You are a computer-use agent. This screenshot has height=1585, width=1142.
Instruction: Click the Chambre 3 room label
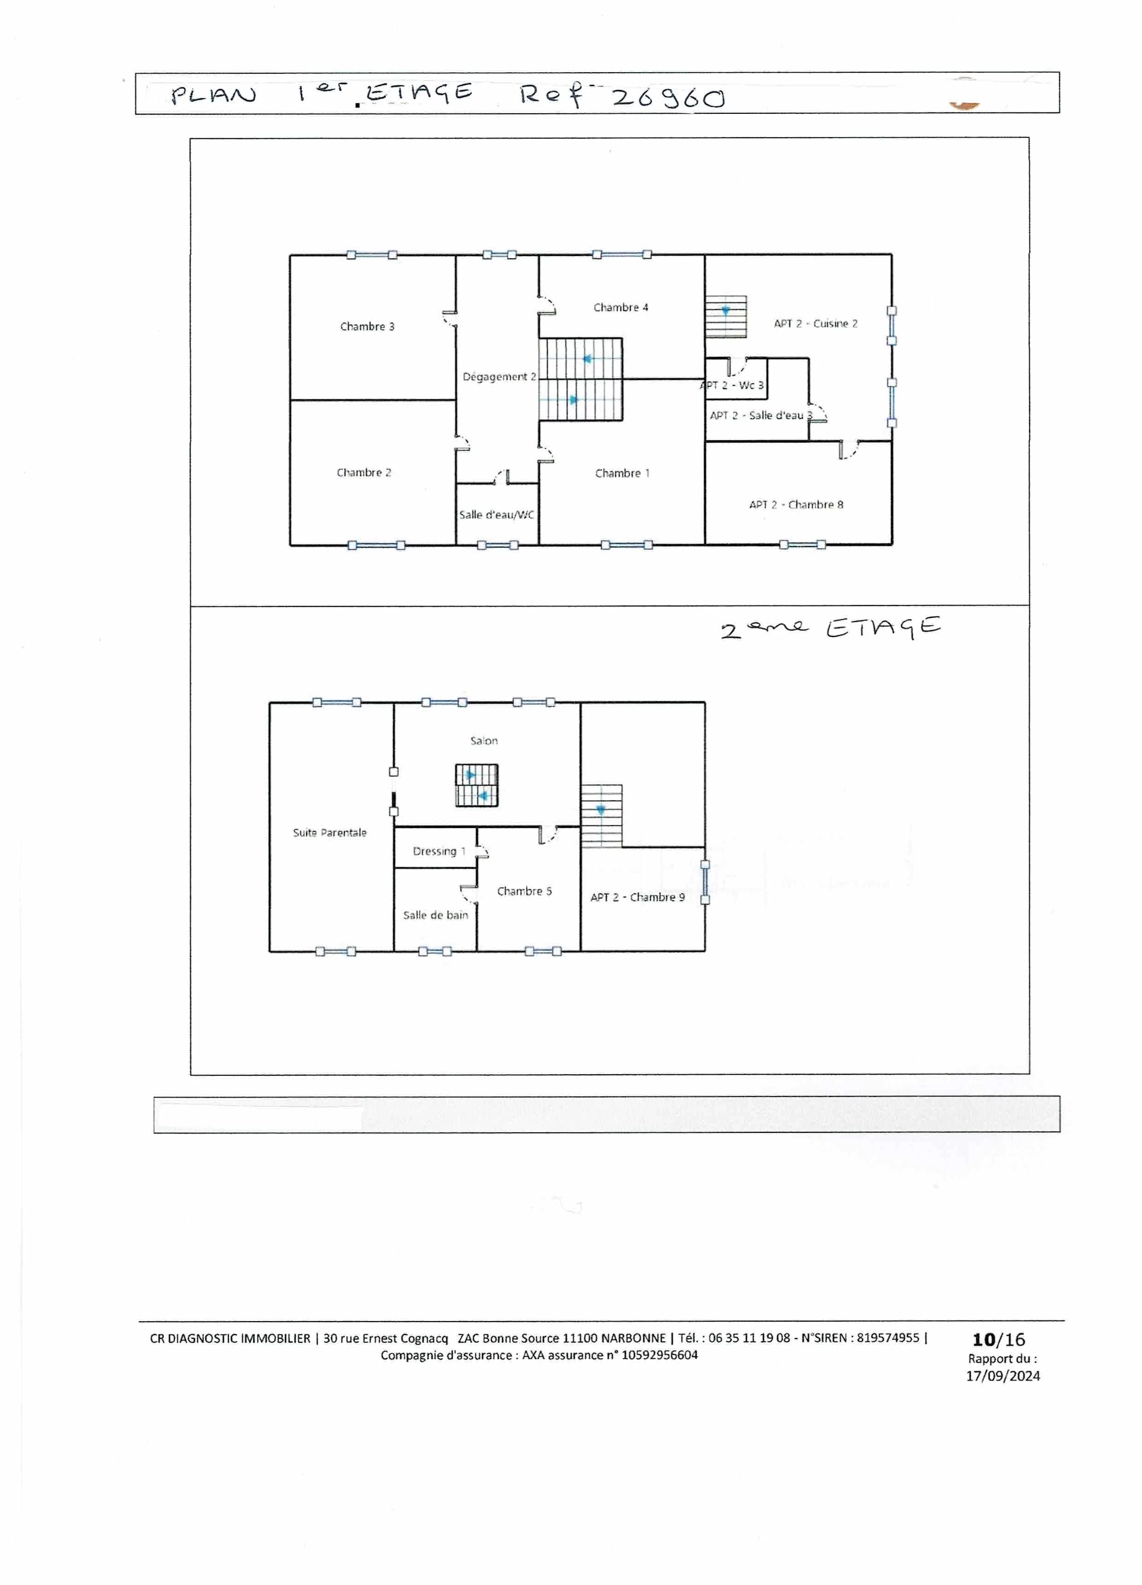point(367,326)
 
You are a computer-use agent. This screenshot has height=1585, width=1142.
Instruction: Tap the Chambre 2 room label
point(363,472)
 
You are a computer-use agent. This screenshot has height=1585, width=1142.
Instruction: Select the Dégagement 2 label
point(499,377)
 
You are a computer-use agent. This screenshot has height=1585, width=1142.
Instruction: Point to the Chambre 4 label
point(621,308)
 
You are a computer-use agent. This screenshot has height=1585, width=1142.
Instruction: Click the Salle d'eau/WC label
point(496,515)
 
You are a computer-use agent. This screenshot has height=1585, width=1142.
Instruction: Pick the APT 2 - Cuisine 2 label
point(815,324)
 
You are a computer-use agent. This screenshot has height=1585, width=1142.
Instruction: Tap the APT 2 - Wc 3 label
point(732,385)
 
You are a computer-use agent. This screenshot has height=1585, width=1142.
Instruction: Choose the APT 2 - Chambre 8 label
point(796,505)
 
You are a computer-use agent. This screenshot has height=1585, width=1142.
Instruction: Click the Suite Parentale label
point(329,833)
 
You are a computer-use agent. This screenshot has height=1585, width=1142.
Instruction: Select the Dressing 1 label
point(439,851)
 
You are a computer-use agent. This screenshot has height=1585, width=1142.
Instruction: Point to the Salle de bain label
point(436,915)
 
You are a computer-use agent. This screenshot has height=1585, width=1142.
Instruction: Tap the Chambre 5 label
point(524,891)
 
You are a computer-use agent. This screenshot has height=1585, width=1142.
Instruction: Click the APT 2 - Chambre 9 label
point(637,897)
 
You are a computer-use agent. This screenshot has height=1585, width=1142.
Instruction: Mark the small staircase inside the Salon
point(477,786)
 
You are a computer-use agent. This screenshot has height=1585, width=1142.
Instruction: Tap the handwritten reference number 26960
point(668,98)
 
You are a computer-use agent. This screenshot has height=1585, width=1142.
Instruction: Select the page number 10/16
point(999,1339)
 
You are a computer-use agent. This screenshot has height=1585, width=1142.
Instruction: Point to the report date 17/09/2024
point(1003,1375)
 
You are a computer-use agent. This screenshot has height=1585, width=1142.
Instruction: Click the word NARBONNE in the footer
point(633,1338)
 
